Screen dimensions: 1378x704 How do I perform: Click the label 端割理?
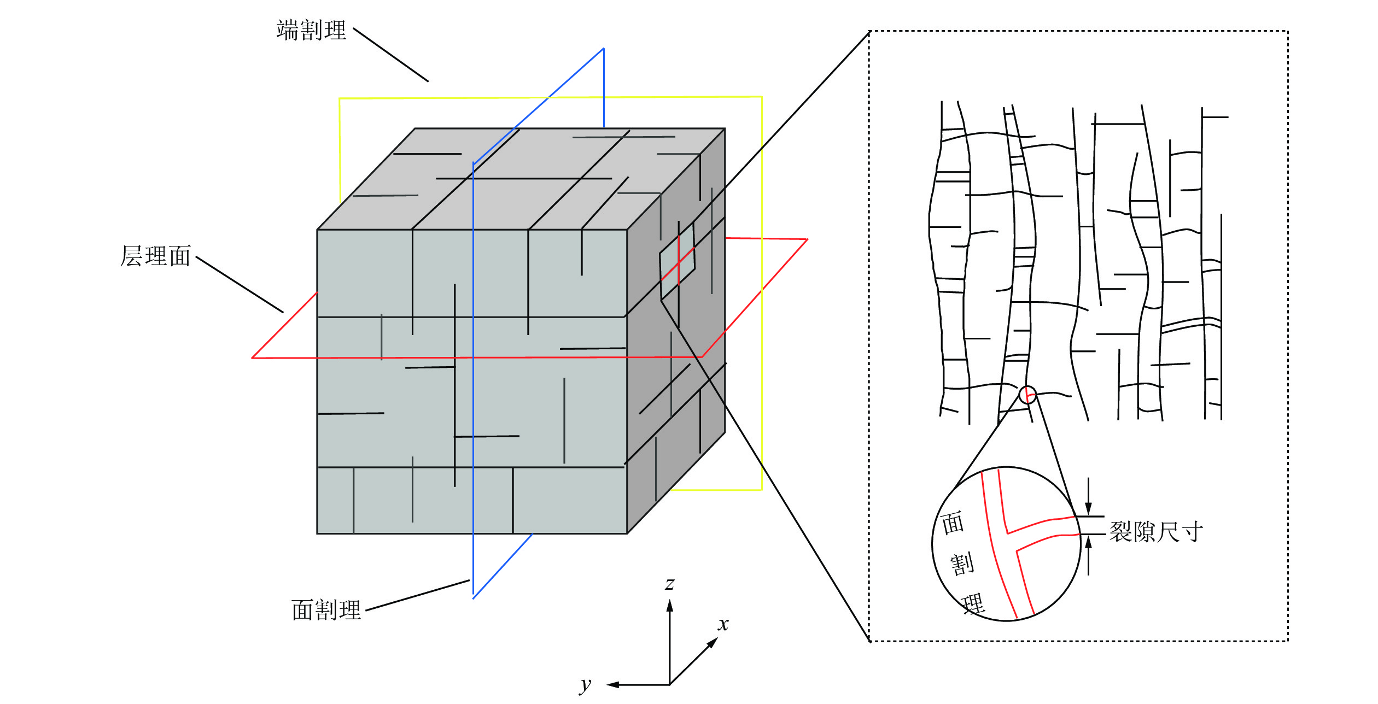[x=311, y=30]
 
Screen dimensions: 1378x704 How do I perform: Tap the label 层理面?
[x=155, y=256]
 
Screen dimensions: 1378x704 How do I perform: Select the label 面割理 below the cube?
[x=326, y=610]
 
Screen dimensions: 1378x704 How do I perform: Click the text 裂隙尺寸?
[x=1156, y=532]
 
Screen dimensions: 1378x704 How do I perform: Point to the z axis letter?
[x=669, y=584]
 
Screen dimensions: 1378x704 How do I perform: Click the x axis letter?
[x=723, y=624]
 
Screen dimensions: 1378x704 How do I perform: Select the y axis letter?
[x=585, y=684]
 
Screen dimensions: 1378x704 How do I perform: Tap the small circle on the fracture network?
[x=1027, y=395]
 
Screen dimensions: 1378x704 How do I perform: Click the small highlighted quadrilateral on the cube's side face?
[x=677, y=261]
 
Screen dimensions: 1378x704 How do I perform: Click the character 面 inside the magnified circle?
[x=953, y=523]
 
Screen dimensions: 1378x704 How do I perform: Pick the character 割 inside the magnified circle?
[x=962, y=564]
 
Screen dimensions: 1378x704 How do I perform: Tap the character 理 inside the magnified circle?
[x=973, y=603]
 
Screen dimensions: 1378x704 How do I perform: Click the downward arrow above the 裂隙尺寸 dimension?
[x=1088, y=496]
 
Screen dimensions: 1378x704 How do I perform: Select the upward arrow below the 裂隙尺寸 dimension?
[x=1088, y=555]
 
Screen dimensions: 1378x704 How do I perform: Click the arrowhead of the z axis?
[x=669, y=605]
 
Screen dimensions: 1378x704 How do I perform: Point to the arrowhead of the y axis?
[x=612, y=684]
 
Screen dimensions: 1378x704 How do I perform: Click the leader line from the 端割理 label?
[x=391, y=55]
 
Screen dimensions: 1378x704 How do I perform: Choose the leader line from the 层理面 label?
[x=240, y=284]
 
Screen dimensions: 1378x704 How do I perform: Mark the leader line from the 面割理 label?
[x=417, y=595]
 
